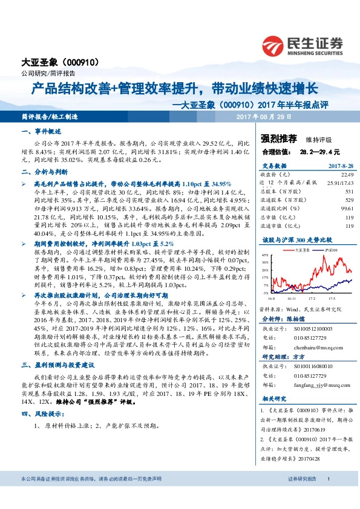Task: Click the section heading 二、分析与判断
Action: tap(44, 172)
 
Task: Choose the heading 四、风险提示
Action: tap(43, 413)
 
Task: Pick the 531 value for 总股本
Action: tap(349, 191)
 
